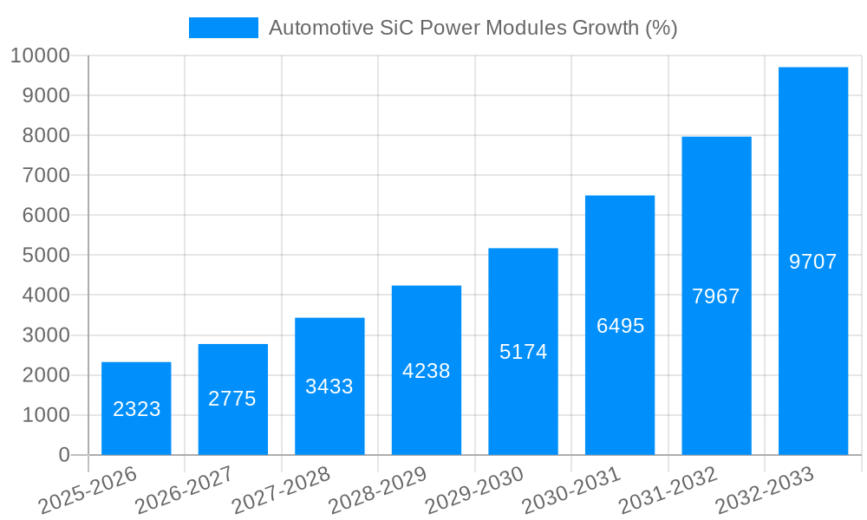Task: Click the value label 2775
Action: [x=232, y=399]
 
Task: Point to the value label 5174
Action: [x=523, y=352]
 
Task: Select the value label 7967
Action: [x=716, y=296]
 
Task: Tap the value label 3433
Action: [x=329, y=387]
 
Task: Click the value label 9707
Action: [x=813, y=261]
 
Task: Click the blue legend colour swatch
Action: [x=224, y=28]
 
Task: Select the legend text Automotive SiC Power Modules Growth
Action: [x=473, y=28]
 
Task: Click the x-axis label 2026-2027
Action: [x=186, y=490]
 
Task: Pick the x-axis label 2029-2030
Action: [x=477, y=490]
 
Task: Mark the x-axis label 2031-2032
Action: [x=670, y=490]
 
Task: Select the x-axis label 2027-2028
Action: [x=284, y=490]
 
